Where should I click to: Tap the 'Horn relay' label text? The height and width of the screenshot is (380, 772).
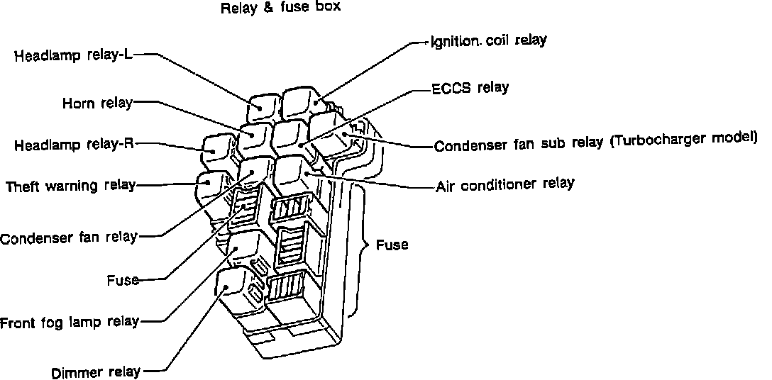click(x=97, y=104)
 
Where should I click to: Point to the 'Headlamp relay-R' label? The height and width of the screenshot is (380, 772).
click(x=74, y=145)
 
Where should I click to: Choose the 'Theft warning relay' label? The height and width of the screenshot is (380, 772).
click(x=70, y=186)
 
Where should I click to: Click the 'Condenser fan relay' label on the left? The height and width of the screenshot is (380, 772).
click(x=68, y=238)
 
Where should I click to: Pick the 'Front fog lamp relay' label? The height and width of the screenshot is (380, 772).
click(x=70, y=322)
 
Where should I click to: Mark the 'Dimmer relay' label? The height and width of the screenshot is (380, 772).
click(x=96, y=371)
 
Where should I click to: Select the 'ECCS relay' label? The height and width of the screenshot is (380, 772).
click(x=470, y=89)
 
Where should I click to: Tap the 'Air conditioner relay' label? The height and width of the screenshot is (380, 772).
click(x=504, y=185)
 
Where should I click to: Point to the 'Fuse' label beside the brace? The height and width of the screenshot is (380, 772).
click(x=392, y=245)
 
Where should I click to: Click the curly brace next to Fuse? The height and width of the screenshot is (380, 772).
click(x=364, y=245)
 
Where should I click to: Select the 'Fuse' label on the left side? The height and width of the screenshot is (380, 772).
click(x=122, y=279)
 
